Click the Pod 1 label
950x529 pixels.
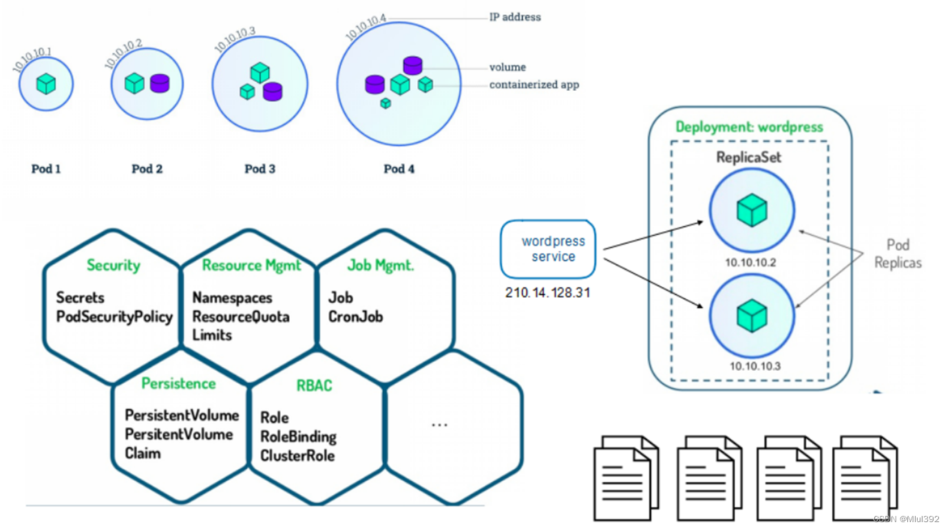[x=46, y=169]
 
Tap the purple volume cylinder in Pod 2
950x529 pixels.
[x=159, y=84]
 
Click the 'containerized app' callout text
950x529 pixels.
[x=534, y=85]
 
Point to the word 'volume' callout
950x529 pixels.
[x=507, y=67]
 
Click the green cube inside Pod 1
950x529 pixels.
[x=45, y=85]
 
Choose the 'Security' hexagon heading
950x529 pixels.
[x=113, y=266]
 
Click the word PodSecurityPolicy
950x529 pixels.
[x=114, y=317]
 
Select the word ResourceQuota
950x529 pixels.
[x=241, y=317]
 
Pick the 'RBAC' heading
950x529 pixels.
[x=314, y=385]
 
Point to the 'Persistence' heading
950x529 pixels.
[x=178, y=384]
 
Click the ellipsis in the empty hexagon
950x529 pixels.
[x=439, y=424]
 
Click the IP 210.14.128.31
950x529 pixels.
[x=548, y=293]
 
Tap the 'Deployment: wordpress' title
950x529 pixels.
[x=749, y=127]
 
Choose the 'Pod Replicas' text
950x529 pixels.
[x=898, y=254]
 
